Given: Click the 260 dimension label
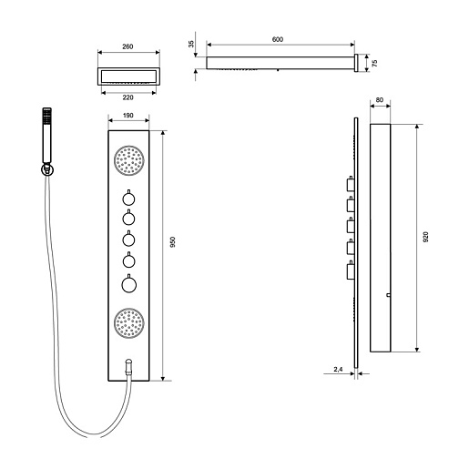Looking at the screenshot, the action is (127, 46).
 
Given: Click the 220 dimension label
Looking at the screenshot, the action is (127, 97).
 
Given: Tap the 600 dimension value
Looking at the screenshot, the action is (278, 39).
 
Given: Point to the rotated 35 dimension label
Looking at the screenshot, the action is (191, 44).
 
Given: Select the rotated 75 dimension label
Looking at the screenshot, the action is (374, 63).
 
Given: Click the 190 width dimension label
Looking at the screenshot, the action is (128, 116).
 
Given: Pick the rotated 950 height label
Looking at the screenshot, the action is (173, 242).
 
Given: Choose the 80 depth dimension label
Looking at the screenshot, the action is (380, 100).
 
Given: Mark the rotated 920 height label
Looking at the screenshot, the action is (425, 237).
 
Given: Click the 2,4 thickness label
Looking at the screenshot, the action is (338, 370).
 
